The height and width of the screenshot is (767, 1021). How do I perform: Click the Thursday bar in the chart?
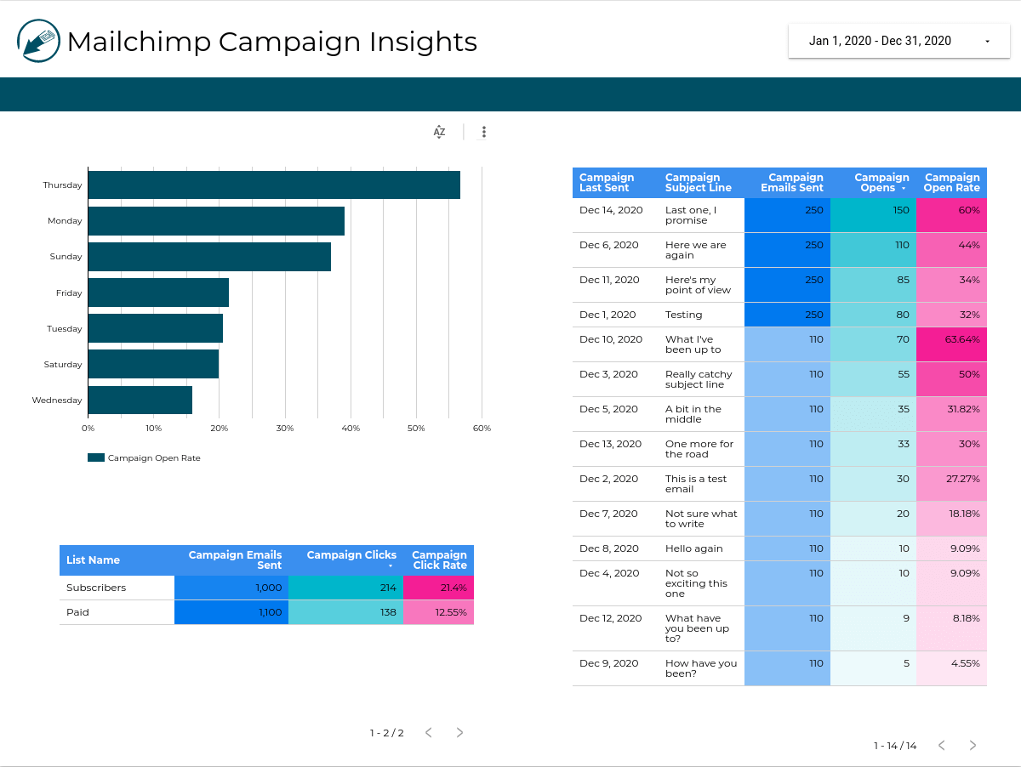(274, 185)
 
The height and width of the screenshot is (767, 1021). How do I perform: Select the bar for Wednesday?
(140, 401)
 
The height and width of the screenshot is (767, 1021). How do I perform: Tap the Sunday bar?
(209, 257)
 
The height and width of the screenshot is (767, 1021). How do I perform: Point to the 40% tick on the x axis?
(351, 429)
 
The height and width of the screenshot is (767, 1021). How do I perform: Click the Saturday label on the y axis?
(63, 365)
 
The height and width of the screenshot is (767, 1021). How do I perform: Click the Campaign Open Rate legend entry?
(145, 458)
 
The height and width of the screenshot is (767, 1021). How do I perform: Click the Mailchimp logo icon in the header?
(38, 41)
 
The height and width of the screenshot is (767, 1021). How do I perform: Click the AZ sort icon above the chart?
(439, 132)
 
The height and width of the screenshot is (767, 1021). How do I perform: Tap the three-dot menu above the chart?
(484, 132)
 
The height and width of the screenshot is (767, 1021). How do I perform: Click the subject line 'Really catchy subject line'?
(698, 379)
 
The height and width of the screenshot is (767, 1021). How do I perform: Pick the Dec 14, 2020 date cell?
(611, 210)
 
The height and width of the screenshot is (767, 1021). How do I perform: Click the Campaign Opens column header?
(881, 183)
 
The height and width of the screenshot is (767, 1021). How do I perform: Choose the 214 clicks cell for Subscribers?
(345, 588)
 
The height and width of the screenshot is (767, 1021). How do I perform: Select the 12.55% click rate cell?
(438, 612)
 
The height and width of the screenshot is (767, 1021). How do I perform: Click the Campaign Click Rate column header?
(439, 560)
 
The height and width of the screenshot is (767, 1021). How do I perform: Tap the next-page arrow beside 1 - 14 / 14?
(973, 746)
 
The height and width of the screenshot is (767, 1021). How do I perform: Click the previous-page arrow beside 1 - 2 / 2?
(429, 733)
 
